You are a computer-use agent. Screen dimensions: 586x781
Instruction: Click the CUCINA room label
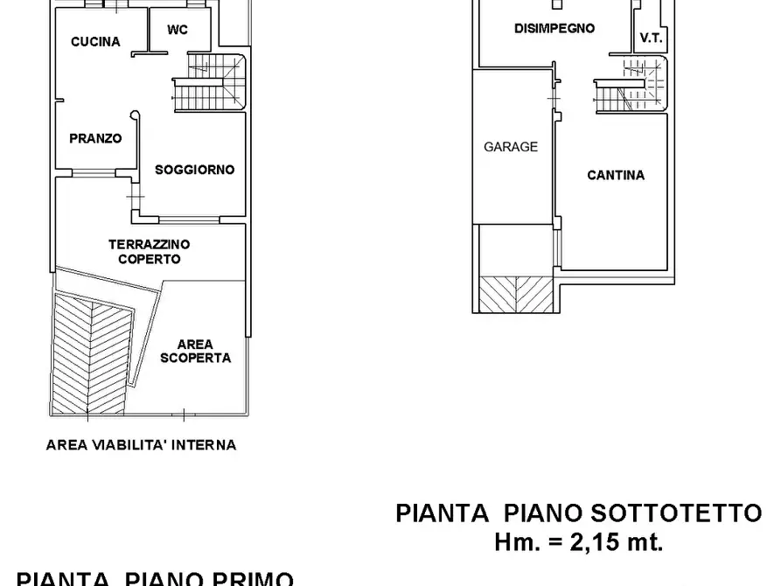pos(95,41)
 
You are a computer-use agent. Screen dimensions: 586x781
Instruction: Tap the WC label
pos(177,30)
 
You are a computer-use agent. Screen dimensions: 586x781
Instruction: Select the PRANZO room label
pos(95,138)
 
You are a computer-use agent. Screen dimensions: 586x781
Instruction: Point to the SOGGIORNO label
pos(194,170)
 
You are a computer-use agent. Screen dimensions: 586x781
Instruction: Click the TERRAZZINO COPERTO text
pos(150,252)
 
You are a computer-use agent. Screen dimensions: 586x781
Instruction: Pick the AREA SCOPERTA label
pos(196,351)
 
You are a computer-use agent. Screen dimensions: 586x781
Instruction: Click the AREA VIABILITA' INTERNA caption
pos(141,444)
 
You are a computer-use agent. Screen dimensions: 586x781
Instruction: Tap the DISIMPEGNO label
pos(554,28)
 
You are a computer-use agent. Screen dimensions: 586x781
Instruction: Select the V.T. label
pos(651,38)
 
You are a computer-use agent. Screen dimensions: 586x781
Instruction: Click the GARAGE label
pos(511,147)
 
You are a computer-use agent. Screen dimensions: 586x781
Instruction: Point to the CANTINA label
pos(616,175)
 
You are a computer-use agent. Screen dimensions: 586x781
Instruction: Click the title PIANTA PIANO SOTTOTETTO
pos(579,513)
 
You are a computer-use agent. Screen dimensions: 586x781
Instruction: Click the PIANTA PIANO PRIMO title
pos(155,578)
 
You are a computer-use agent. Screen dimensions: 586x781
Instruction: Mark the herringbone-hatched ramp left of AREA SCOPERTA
pos(90,354)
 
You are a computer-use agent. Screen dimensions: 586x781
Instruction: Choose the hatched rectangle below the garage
pos(516,293)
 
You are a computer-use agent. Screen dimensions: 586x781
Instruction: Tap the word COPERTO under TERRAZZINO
pos(150,259)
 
